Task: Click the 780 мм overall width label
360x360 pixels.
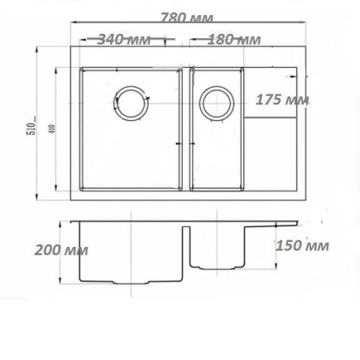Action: coord(186,18)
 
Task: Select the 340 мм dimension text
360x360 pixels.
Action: coord(124,40)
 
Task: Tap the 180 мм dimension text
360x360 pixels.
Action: coord(234,40)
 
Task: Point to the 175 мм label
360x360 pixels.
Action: coord(282,100)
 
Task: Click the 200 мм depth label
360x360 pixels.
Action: coord(61,250)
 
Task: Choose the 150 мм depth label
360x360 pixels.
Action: coord(302,246)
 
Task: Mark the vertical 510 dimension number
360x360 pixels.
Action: coord(33,126)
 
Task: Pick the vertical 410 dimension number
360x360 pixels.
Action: coord(53,129)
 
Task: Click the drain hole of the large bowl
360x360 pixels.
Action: coord(131,103)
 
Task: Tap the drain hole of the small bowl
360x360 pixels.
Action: coord(217,104)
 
